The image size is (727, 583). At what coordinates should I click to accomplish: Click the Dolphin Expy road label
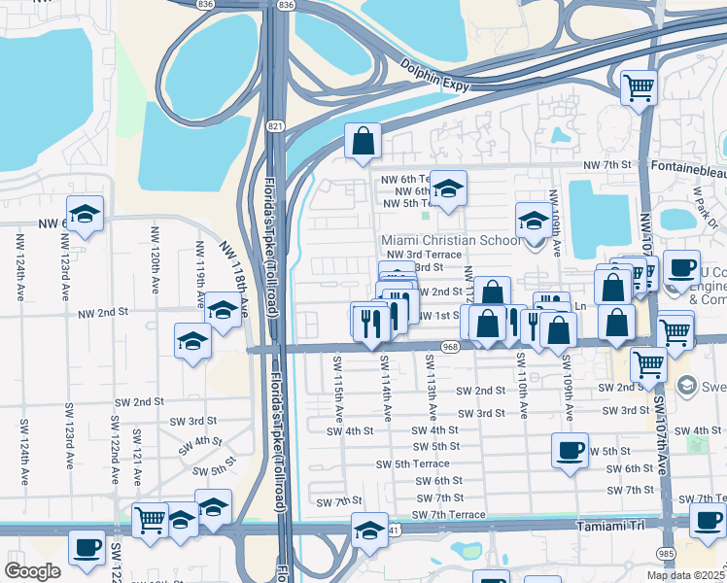click(x=435, y=76)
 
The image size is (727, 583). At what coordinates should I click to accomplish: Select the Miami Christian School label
click(x=451, y=240)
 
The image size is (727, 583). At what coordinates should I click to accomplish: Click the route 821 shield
click(x=276, y=126)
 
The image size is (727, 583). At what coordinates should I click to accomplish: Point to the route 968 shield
click(x=449, y=347)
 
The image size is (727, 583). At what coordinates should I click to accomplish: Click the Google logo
click(x=32, y=571)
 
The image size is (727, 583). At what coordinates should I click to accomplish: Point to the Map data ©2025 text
click(x=686, y=575)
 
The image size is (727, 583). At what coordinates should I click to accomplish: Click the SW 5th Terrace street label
click(x=412, y=463)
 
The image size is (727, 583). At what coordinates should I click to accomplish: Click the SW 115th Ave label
click(x=336, y=387)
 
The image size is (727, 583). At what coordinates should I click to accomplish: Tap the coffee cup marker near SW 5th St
click(x=570, y=450)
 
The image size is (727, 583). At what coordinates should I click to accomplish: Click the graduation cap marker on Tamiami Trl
click(x=368, y=532)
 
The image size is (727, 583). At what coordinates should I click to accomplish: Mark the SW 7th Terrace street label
click(x=439, y=515)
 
